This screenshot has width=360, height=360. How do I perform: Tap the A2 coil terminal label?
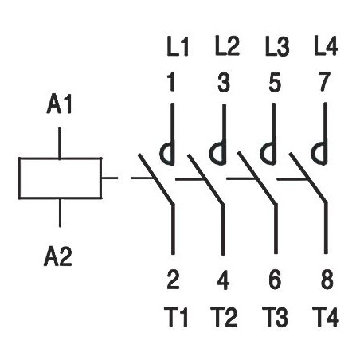[58, 256]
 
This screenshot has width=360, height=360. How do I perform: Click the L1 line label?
[178, 47]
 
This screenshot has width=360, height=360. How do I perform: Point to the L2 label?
[227, 46]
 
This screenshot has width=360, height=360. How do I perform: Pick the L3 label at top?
[277, 47]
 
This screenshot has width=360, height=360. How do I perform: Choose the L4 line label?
[326, 46]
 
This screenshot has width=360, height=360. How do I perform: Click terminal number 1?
[172, 82]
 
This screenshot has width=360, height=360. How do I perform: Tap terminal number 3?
[224, 82]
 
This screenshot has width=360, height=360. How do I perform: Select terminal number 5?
[275, 82]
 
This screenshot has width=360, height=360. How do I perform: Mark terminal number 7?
[324, 82]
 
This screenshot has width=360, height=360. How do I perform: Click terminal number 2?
[173, 280]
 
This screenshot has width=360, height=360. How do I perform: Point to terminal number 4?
[223, 280]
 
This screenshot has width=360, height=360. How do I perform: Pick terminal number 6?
[275, 280]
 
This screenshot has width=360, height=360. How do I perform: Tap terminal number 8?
[327, 280]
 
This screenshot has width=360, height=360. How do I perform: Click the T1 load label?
[176, 317]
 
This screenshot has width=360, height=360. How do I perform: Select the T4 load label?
[326, 317]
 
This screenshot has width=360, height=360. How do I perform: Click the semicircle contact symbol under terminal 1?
[161, 153]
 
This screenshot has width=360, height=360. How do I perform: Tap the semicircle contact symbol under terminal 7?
[312, 153]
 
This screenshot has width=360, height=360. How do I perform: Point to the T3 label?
[275, 317]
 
